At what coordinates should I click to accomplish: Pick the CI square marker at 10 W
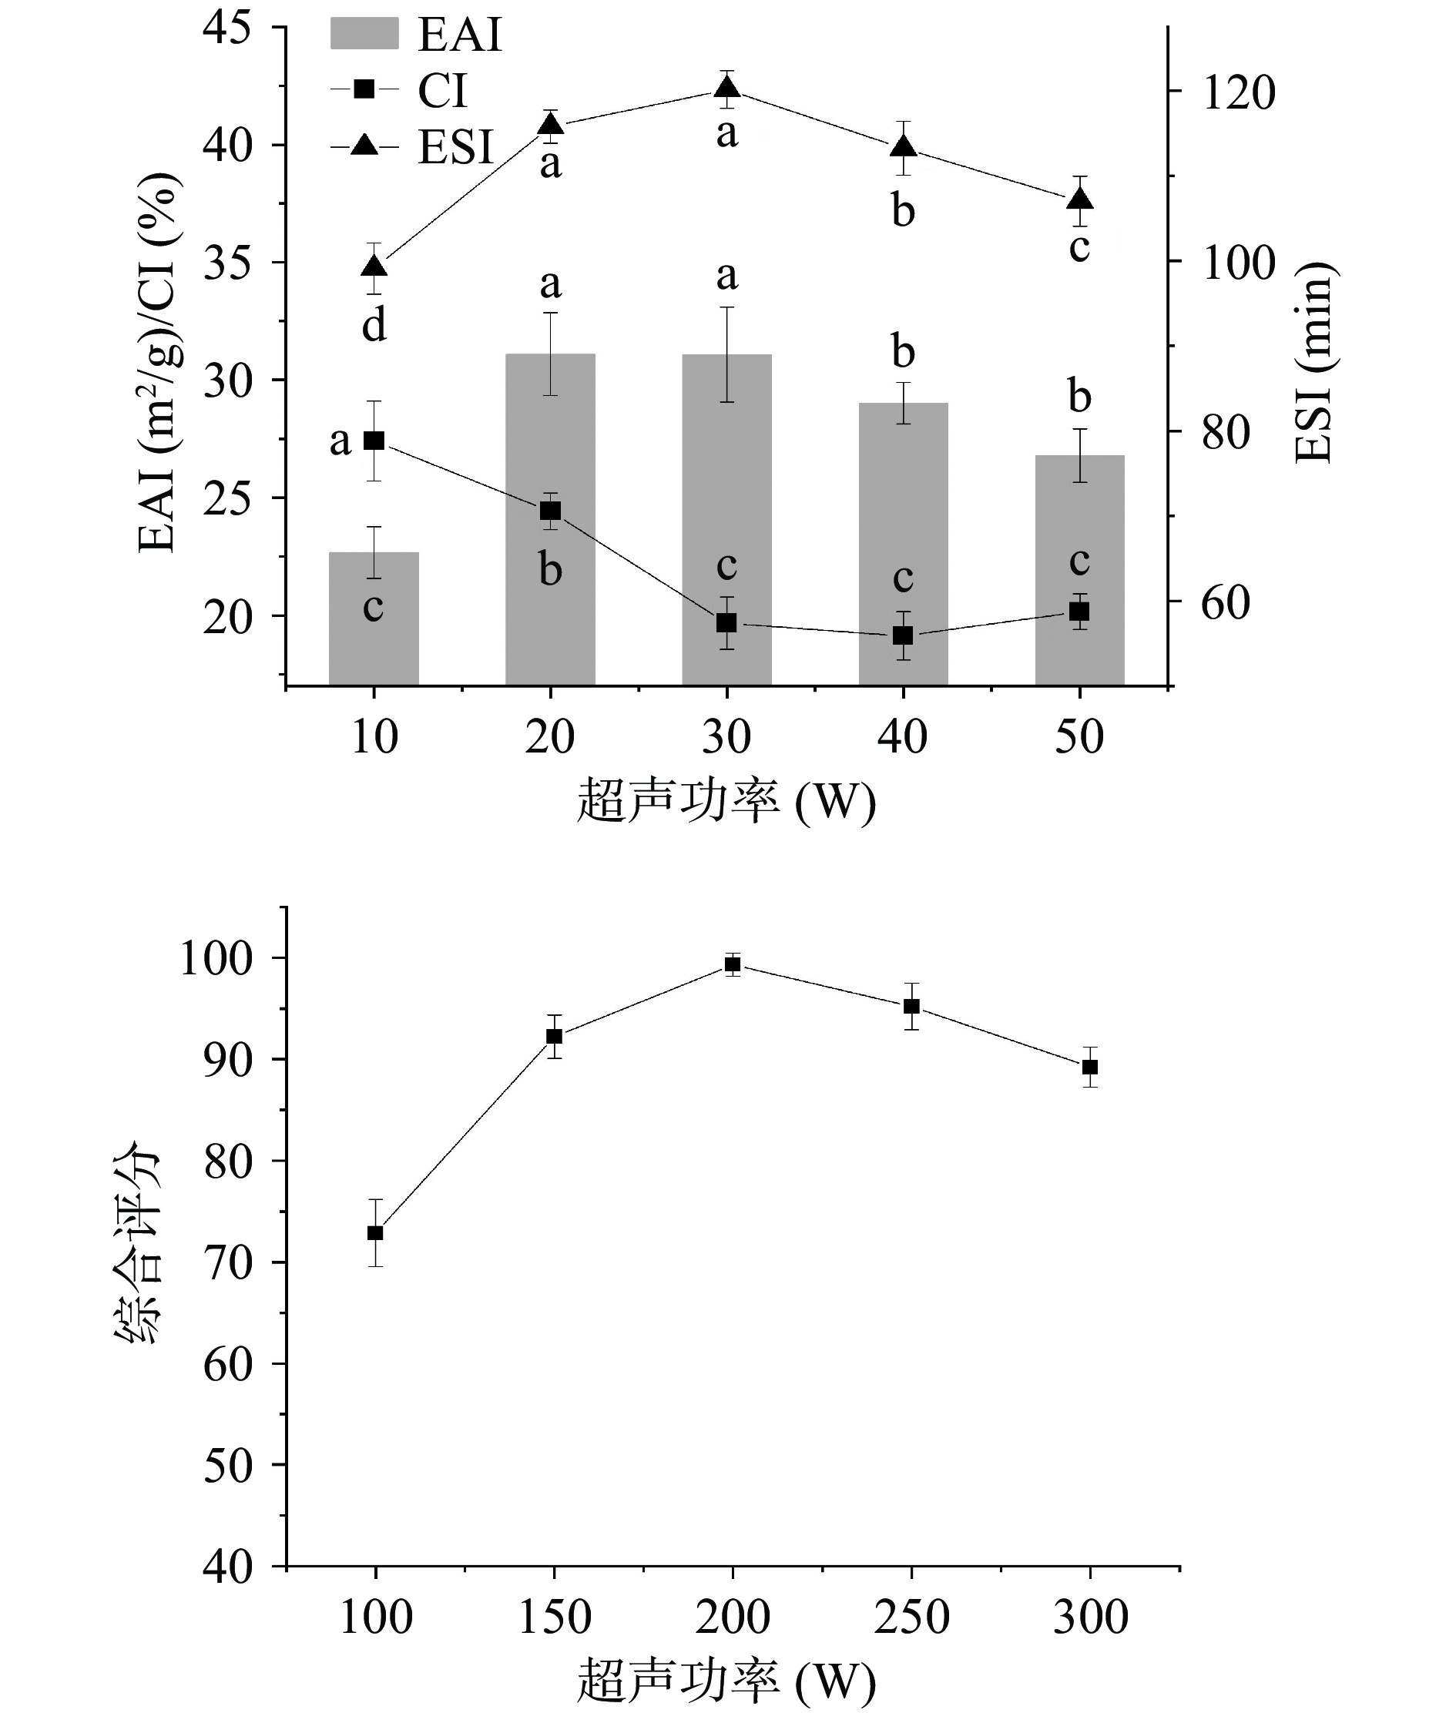point(374,441)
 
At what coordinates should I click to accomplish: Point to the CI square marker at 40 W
point(903,635)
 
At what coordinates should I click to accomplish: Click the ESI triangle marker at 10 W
point(374,267)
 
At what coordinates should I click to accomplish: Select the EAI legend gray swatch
point(364,35)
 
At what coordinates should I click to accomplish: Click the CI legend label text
point(443,91)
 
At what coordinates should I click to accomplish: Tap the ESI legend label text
point(455,149)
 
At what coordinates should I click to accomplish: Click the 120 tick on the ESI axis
point(1238,92)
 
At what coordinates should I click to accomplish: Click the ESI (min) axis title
point(1314,363)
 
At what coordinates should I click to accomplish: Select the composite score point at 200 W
point(732,964)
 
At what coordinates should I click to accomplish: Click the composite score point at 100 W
point(376,1233)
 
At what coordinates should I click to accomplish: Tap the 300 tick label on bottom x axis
point(1090,1617)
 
